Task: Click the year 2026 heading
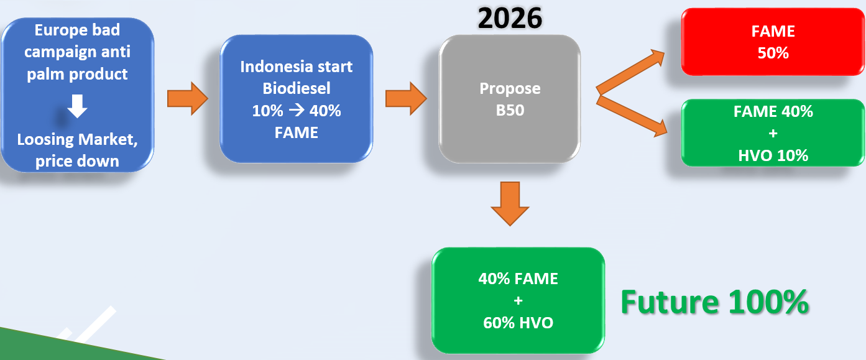(x=510, y=18)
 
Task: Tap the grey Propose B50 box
(x=510, y=99)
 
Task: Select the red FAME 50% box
(x=773, y=42)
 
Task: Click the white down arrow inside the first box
(x=77, y=106)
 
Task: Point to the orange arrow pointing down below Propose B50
(x=510, y=203)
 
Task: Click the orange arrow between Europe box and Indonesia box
(x=188, y=99)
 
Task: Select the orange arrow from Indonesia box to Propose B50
(x=406, y=99)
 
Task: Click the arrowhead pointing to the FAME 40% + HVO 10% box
(x=659, y=128)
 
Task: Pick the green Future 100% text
(x=715, y=302)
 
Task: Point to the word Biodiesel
(x=297, y=88)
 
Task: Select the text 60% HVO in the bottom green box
(x=518, y=323)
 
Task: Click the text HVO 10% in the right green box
(x=773, y=156)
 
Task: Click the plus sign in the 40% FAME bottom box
(x=518, y=300)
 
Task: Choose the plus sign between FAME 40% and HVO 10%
(x=773, y=134)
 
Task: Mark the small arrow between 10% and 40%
(x=297, y=110)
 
